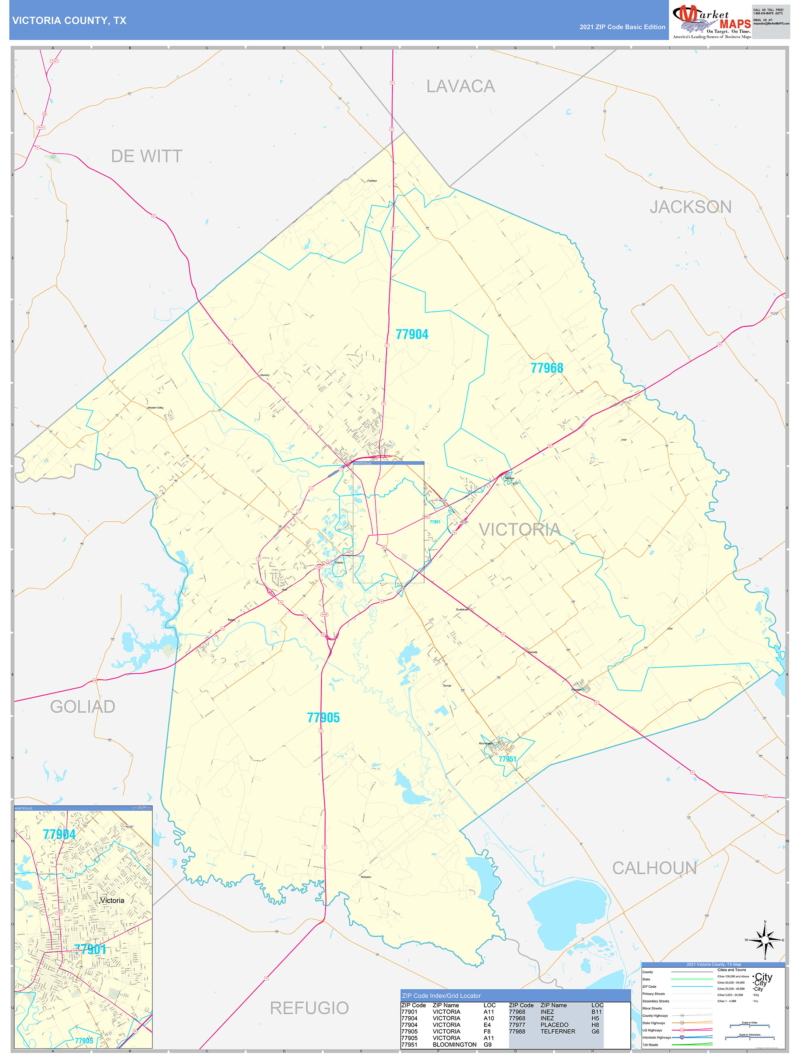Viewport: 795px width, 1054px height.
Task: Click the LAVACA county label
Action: pos(461,86)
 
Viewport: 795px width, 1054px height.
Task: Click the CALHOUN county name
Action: pos(654,868)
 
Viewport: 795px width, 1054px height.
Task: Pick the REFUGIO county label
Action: pos(309,1008)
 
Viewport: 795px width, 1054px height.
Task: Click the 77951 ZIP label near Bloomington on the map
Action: pos(507,759)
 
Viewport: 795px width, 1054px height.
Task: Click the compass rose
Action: pos(765,940)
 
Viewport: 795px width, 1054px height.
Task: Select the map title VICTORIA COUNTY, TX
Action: pos(69,21)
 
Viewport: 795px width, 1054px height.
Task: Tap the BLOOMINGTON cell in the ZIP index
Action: pos(454,1044)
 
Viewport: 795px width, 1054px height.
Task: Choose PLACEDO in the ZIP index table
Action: pos(554,1024)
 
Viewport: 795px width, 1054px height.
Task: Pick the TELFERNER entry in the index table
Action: pos(558,1031)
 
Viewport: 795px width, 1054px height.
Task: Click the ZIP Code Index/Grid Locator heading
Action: pos(441,995)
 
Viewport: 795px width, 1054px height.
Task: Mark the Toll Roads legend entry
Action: pos(650,1044)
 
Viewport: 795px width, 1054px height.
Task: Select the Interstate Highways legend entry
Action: pos(656,1037)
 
